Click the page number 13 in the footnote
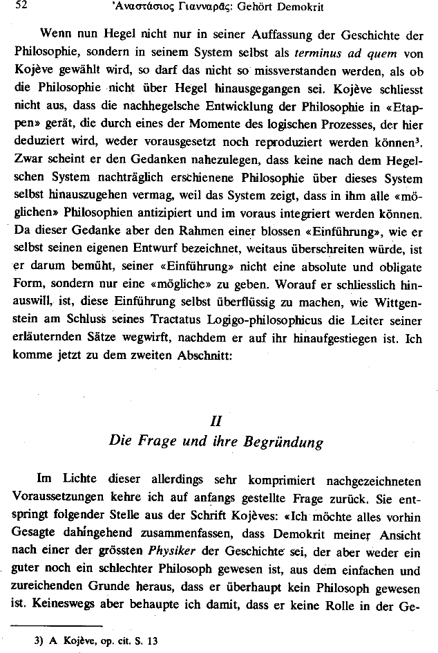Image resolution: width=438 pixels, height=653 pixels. point(152,641)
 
